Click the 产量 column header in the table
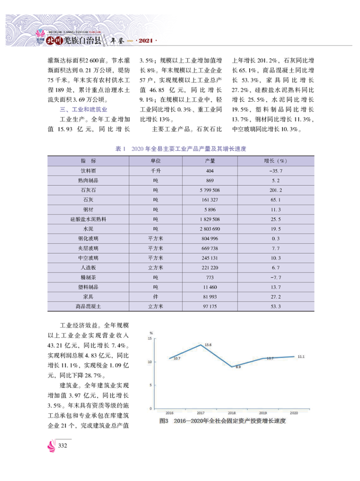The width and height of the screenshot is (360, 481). pyautogui.click(x=210, y=161)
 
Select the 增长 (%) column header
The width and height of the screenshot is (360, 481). pyautogui.click(x=275, y=161)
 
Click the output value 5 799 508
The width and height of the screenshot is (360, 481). pyautogui.click(x=210, y=190)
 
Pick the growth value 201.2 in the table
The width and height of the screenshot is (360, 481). pyautogui.click(x=275, y=190)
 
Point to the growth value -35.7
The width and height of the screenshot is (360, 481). pyautogui.click(x=275, y=171)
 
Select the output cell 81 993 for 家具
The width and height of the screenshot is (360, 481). pyautogui.click(x=210, y=297)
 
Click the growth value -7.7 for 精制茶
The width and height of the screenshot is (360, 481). pyautogui.click(x=275, y=277)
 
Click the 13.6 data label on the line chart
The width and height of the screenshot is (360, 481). pyautogui.click(x=208, y=345)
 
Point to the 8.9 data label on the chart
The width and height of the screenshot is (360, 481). pyautogui.click(x=238, y=367)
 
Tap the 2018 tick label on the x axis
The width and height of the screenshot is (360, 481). pyautogui.click(x=232, y=412)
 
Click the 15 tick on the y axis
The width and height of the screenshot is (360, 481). pyautogui.click(x=155, y=338)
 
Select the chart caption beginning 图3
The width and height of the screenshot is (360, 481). pyautogui.click(x=223, y=421)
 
